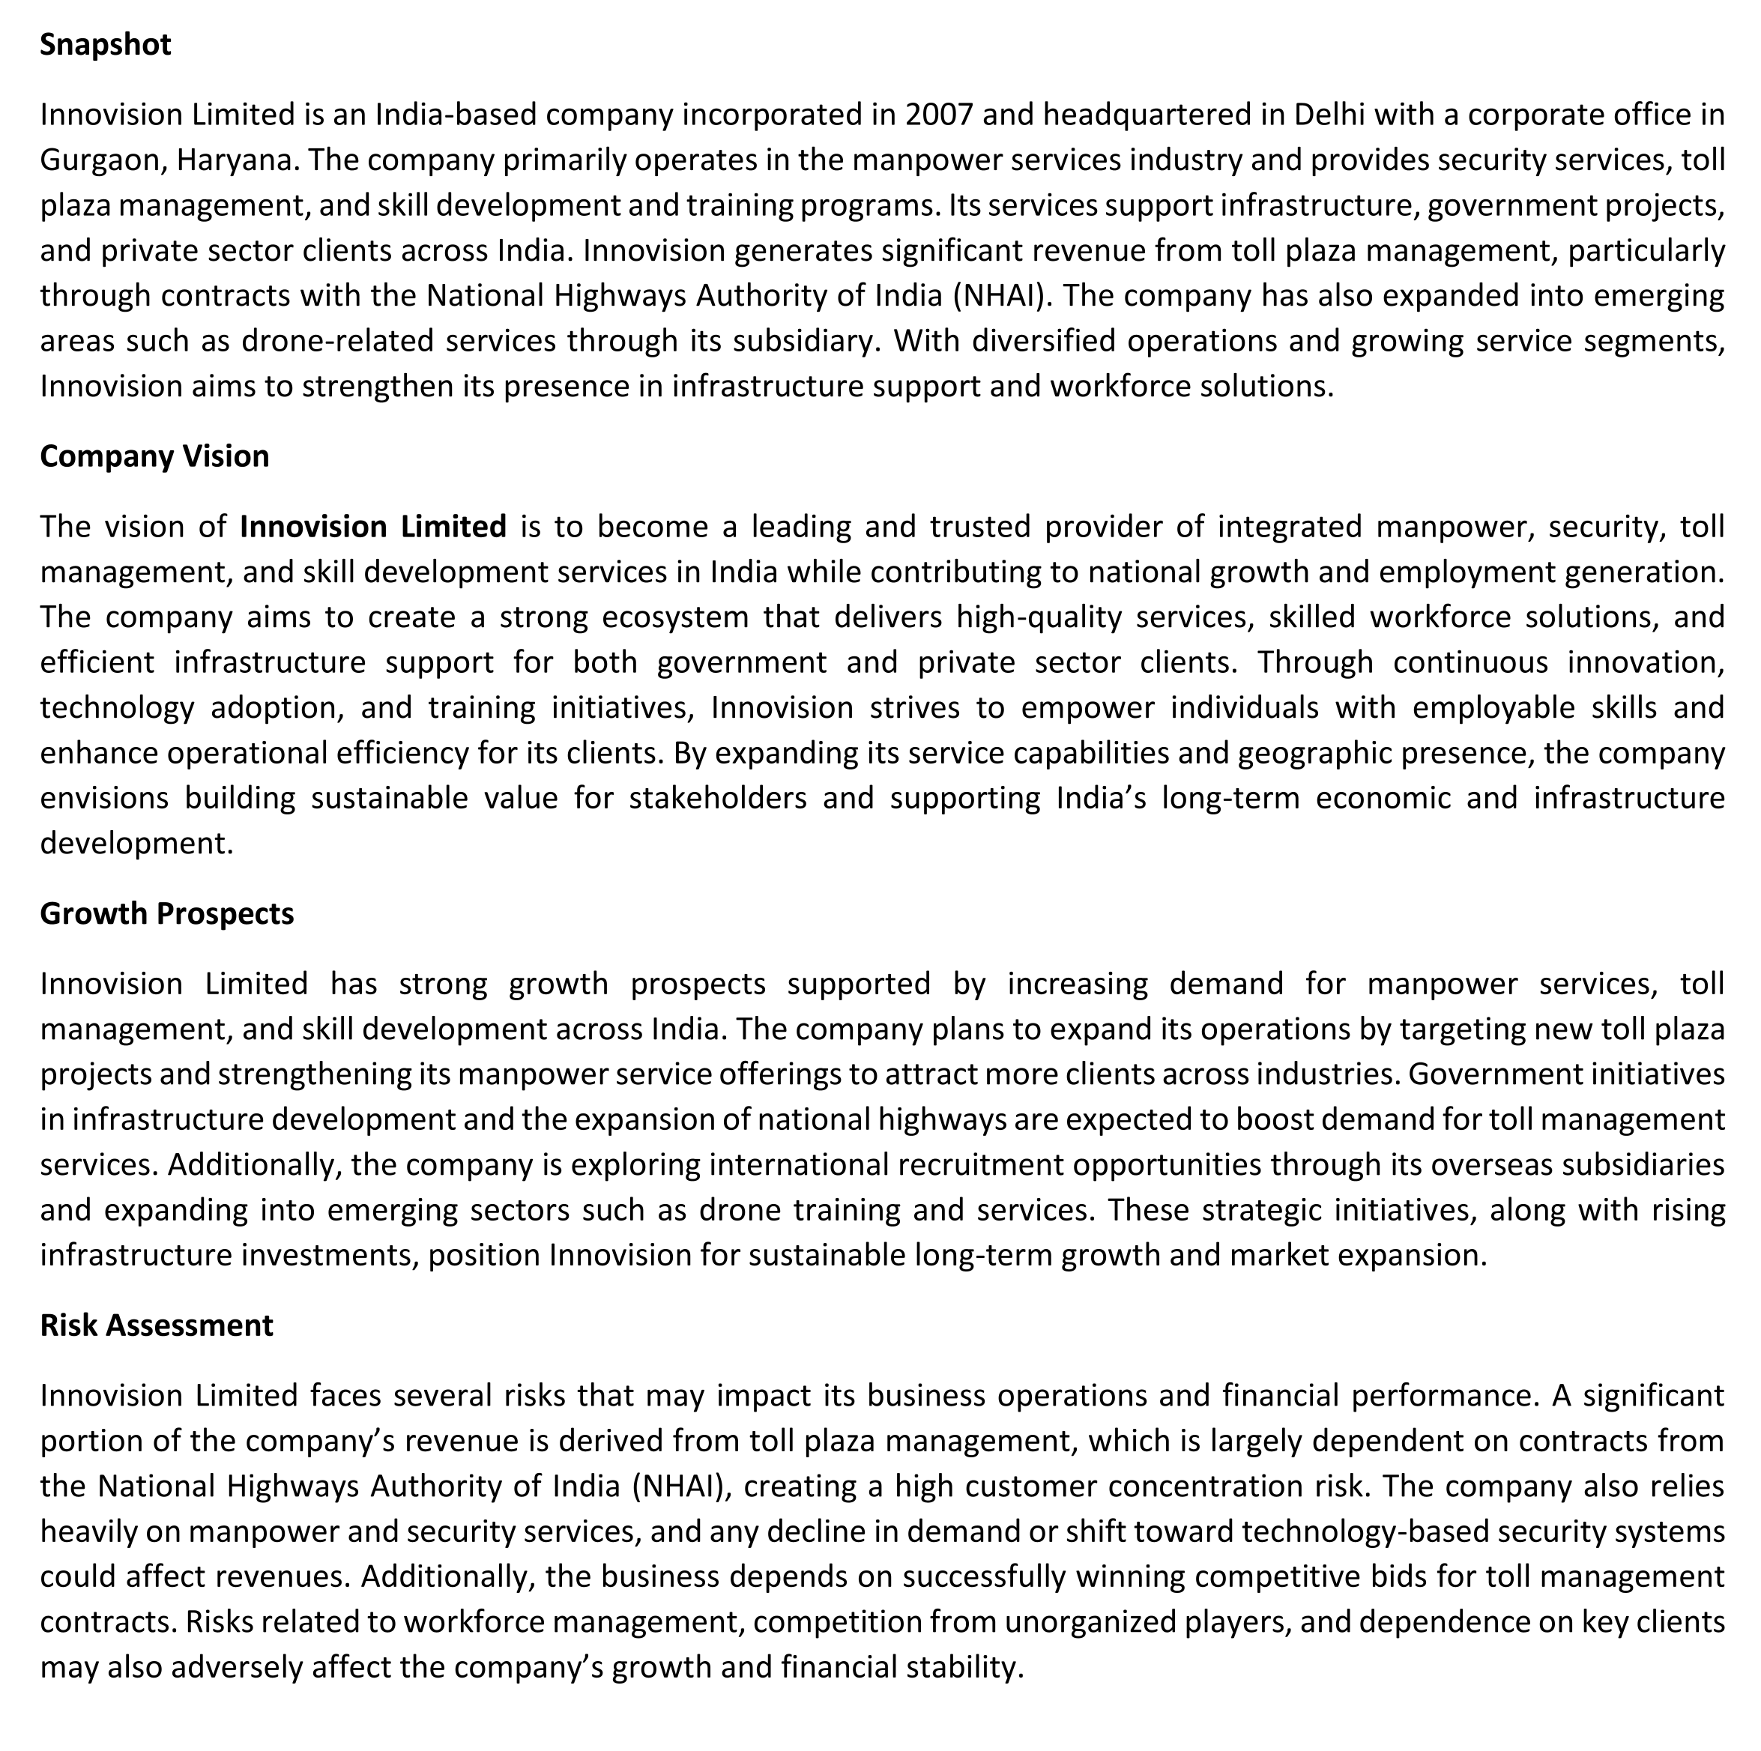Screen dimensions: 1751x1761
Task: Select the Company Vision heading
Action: click(154, 456)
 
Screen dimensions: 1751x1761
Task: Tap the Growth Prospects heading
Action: click(167, 913)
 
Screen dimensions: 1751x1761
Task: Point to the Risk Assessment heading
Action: click(156, 1325)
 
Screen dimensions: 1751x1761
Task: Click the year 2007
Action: click(939, 115)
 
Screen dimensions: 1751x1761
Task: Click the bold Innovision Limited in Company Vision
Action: click(372, 527)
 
